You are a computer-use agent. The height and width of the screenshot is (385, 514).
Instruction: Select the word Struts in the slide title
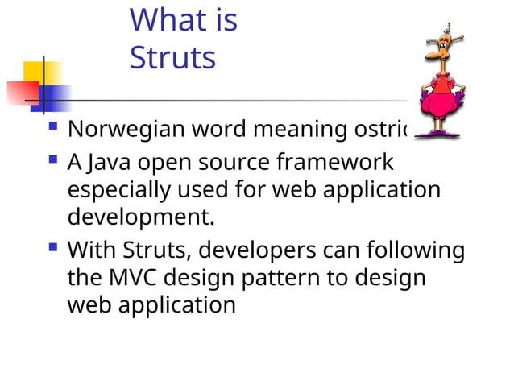tap(172, 58)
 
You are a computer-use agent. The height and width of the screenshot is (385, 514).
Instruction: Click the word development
tap(142, 218)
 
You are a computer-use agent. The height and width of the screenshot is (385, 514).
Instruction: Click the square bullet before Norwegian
tap(53, 126)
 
